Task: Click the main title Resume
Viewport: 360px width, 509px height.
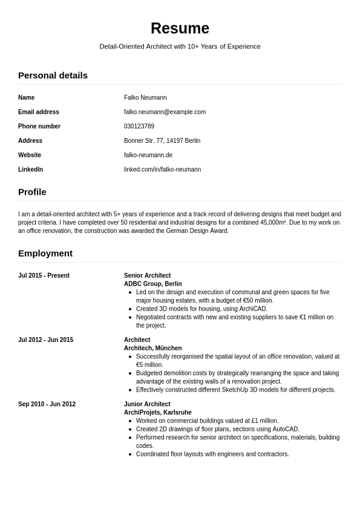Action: click(x=180, y=28)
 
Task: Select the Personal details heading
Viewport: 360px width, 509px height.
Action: click(x=53, y=76)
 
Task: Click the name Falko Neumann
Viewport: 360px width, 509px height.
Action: click(x=145, y=97)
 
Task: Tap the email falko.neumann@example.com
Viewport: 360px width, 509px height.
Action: click(x=165, y=112)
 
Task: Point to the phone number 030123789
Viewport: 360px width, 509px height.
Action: click(x=139, y=126)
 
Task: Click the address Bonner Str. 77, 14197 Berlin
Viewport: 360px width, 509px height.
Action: click(x=162, y=141)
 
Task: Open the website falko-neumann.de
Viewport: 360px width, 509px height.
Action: click(x=148, y=156)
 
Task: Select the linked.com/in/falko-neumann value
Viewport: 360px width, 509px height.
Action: click(x=162, y=170)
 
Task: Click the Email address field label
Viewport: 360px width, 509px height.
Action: click(x=39, y=112)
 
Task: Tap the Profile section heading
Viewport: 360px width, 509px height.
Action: click(x=32, y=192)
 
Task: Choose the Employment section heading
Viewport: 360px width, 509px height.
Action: click(x=45, y=254)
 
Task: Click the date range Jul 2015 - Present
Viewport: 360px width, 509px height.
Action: click(x=44, y=276)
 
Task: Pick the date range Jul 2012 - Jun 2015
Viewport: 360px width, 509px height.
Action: click(x=45, y=340)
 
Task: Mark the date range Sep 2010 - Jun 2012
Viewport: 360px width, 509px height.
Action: click(x=47, y=404)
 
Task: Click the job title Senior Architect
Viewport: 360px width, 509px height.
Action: click(x=147, y=276)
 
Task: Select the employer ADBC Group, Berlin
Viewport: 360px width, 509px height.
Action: click(x=152, y=284)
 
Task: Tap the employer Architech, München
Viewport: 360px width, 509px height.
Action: click(x=152, y=349)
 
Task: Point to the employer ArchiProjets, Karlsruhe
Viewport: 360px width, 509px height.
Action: click(x=157, y=413)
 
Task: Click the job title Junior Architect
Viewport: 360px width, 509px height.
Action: click(x=147, y=404)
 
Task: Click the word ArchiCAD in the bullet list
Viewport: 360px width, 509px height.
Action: click(x=252, y=309)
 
